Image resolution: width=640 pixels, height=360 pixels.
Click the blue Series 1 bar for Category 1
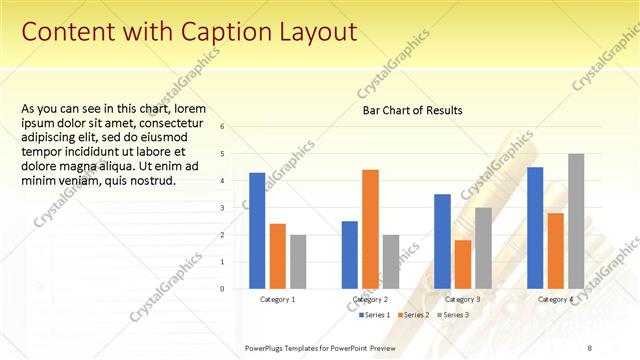(x=257, y=230)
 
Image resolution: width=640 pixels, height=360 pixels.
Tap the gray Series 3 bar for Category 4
(x=576, y=221)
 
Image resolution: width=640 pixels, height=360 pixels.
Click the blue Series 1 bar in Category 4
(x=535, y=228)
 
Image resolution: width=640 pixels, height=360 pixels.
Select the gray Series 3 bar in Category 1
(x=298, y=261)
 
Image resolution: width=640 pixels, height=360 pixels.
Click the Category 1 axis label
(x=277, y=299)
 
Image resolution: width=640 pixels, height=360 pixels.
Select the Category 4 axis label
(x=555, y=299)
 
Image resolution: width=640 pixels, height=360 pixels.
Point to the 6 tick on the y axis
(x=236, y=127)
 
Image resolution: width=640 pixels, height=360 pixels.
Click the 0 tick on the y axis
(x=236, y=289)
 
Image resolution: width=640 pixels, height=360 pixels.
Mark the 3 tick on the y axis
(x=236, y=208)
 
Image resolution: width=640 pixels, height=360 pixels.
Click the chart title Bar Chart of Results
(x=412, y=110)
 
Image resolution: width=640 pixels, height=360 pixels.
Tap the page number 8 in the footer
(x=589, y=346)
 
